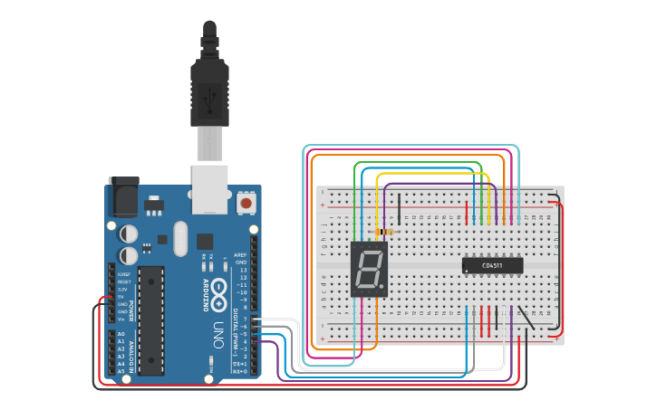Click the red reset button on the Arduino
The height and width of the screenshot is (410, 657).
(x=246, y=204)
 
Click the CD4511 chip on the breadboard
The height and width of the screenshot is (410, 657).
(x=492, y=265)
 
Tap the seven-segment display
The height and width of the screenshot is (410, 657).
(x=370, y=270)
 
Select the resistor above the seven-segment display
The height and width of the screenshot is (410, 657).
(x=388, y=232)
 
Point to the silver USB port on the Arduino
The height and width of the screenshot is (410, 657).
(x=210, y=188)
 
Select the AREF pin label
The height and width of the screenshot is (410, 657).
(x=241, y=255)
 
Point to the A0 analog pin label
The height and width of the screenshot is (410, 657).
(x=121, y=335)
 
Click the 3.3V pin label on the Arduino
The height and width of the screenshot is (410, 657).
(x=122, y=290)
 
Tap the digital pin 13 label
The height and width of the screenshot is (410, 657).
(x=243, y=271)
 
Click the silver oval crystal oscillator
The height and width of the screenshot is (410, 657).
(x=179, y=239)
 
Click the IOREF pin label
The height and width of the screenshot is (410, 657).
(x=122, y=273)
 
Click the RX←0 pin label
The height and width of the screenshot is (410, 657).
(x=240, y=371)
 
